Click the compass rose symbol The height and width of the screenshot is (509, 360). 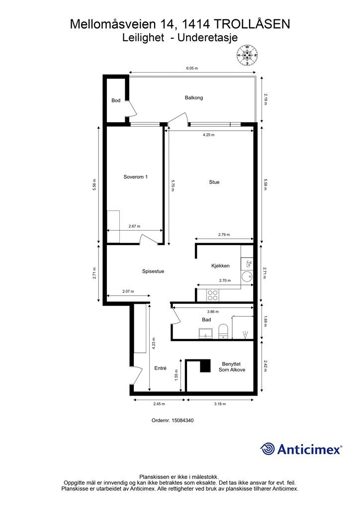[247, 55]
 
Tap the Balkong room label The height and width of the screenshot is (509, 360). [194, 98]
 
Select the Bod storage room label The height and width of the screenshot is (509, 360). [116, 100]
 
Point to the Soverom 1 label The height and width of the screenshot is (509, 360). [136, 177]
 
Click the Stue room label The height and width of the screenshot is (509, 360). [214, 182]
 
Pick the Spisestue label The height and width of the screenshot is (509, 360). [153, 271]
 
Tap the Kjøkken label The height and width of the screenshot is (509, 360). [220, 266]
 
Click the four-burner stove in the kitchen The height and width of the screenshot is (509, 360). [213, 295]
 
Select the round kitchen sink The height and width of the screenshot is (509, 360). [247, 276]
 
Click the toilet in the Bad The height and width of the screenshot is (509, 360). [223, 331]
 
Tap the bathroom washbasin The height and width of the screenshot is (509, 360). [206, 334]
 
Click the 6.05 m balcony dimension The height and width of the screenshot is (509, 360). [192, 69]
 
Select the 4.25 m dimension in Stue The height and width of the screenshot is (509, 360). [208, 135]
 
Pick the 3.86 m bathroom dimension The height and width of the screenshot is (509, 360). [213, 312]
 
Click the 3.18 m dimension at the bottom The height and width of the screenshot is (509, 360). [220, 404]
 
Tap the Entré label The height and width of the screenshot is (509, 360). [161, 368]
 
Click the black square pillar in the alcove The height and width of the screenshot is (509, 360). [205, 366]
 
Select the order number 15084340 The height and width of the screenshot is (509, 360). [173, 421]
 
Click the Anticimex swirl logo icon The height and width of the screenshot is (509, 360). [268, 449]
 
